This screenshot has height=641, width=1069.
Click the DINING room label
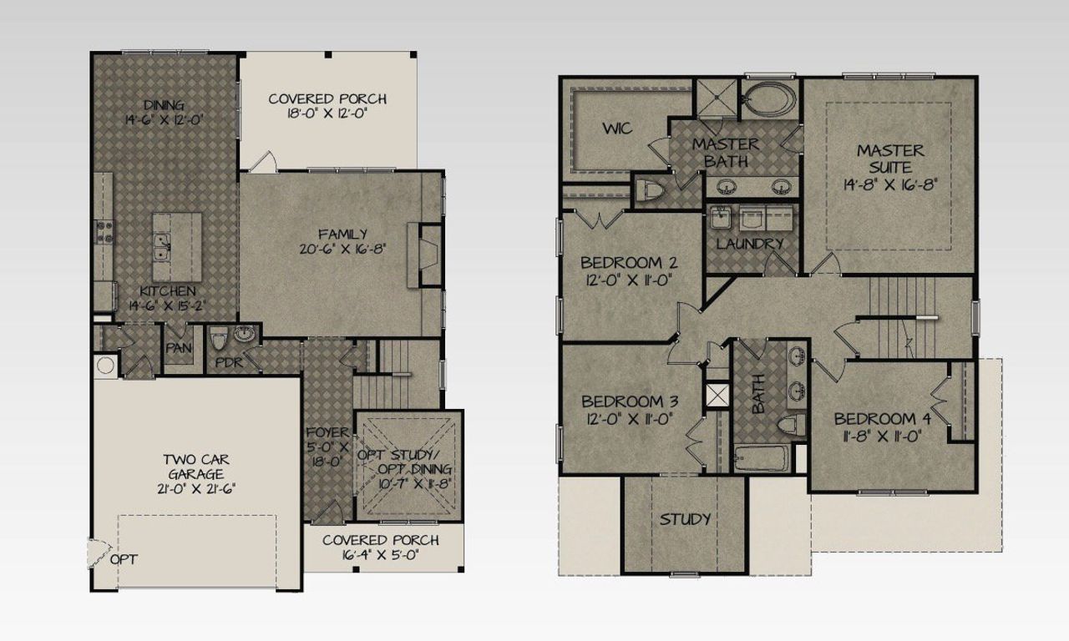click(x=162, y=104)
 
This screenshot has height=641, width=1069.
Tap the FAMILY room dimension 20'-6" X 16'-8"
click(x=342, y=249)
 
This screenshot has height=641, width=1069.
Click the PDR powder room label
click(x=229, y=363)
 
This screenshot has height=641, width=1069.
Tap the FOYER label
click(x=327, y=432)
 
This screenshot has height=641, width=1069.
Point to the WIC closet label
click(x=617, y=129)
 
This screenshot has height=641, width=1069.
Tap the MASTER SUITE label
click(x=890, y=159)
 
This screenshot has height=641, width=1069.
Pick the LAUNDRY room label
click(x=750, y=244)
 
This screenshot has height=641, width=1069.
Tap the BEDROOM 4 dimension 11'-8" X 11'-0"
click(x=887, y=435)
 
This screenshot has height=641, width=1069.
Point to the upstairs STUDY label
click(x=685, y=519)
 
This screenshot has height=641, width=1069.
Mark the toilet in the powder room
click(x=219, y=340)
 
